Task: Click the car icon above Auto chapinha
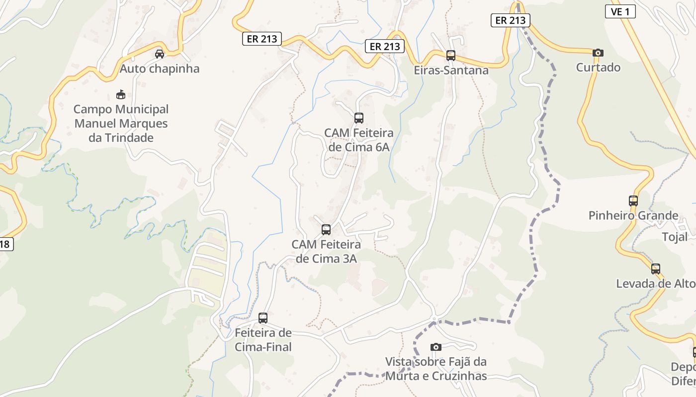(x=160, y=54)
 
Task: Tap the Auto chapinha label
(x=160, y=68)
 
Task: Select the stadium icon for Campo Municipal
(x=120, y=94)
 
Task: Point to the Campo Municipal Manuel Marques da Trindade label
(x=121, y=123)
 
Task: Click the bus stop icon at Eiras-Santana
(x=451, y=56)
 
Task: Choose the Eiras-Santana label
(x=451, y=70)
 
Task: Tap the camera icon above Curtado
(x=598, y=53)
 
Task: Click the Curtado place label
(x=598, y=67)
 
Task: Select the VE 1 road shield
(x=620, y=12)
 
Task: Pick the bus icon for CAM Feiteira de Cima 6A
(x=359, y=118)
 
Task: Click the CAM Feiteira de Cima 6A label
(x=359, y=140)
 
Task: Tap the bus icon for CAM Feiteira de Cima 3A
(x=326, y=230)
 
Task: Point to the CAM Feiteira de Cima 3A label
(x=326, y=251)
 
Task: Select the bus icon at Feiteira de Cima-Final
(x=263, y=318)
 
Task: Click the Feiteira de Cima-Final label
(x=263, y=339)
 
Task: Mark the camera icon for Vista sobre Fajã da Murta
(x=436, y=347)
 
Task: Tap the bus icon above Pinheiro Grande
(x=633, y=201)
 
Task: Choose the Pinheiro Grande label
(x=633, y=215)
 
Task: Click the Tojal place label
(x=675, y=237)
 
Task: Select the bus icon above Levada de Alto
(x=656, y=269)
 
